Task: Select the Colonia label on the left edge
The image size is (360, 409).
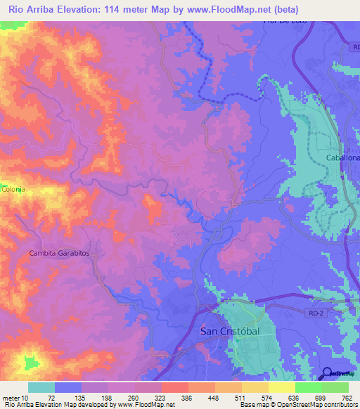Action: [x=13, y=189]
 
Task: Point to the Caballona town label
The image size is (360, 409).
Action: [x=342, y=158]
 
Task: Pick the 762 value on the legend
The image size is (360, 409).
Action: [x=347, y=398]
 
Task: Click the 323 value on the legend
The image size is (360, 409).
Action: [x=161, y=398]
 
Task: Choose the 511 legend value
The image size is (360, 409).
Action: [x=241, y=398]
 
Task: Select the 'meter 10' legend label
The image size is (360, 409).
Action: [x=15, y=398]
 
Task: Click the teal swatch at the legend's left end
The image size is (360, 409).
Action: [x=41, y=387]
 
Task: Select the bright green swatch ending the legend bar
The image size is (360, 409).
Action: [x=335, y=387]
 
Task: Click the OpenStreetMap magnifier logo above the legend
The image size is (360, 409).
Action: [x=328, y=373]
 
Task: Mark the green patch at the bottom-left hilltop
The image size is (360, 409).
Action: [x=30, y=363]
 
